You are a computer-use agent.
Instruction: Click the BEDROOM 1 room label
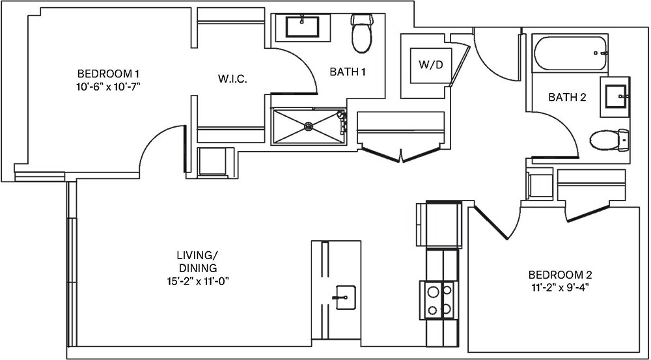pos(109,73)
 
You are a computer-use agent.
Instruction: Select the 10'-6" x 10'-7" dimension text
pos(109,85)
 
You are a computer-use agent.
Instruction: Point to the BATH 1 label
pos(347,72)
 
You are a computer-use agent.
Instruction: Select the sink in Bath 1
pos(302,28)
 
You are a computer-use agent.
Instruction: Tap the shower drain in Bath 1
pos(309,126)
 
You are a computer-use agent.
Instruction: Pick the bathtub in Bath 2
pos(570,53)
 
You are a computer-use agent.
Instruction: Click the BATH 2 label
pos(567,98)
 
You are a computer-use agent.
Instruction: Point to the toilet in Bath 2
pos(609,139)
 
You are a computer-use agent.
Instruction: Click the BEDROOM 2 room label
pos(559,275)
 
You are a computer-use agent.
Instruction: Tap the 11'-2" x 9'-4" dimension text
pos(559,286)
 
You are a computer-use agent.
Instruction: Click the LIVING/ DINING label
pos(197,262)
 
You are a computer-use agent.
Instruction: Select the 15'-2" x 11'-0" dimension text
pos(197,281)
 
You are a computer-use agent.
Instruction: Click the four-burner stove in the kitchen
pos(438,300)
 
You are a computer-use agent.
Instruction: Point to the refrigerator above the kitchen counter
pos(438,224)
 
